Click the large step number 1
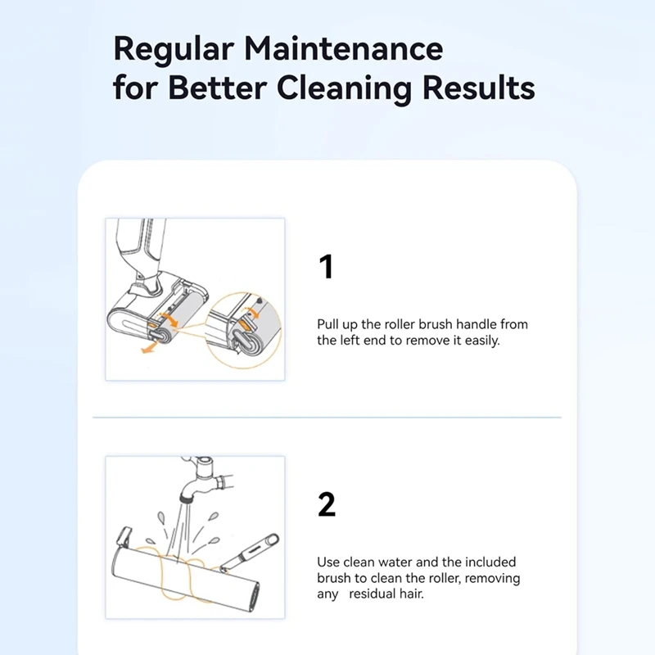coord(326,267)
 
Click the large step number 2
coord(327,505)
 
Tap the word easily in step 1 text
coord(479,341)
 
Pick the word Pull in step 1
coord(327,324)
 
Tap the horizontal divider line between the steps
coord(327,418)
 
